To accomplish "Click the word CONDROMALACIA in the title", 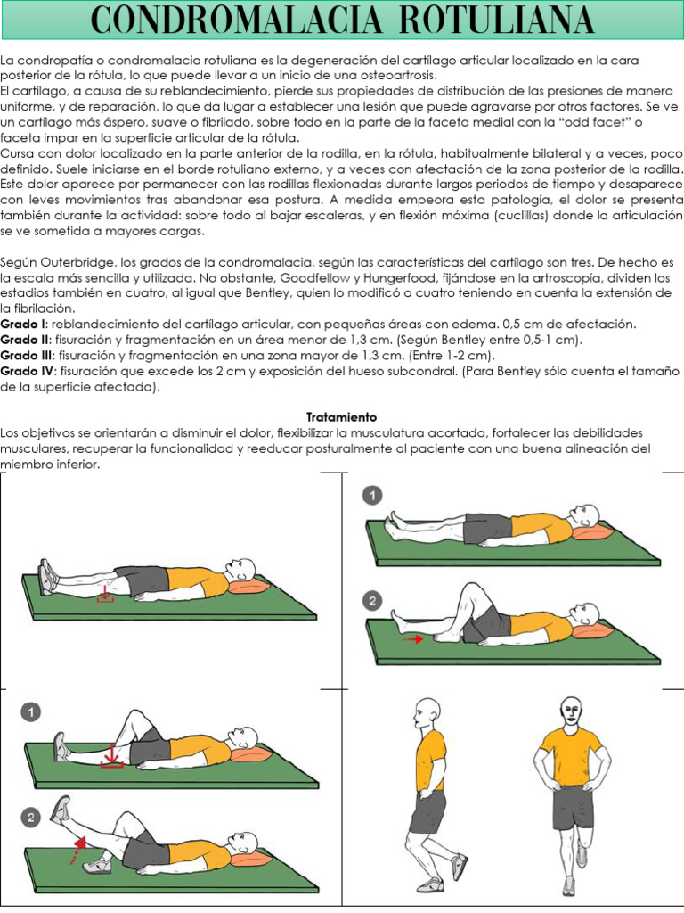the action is pos(236,21).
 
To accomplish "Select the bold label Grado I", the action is pos(23,325).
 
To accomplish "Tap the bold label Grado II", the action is pos(25,340).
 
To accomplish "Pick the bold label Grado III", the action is pos(27,356).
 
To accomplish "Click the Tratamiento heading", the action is pos(341,417).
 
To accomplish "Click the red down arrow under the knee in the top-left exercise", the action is pos(105,595).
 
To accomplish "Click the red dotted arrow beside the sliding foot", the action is pos(413,639).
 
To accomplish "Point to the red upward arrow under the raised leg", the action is pos(78,850).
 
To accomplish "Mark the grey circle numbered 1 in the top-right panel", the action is pos(372,496).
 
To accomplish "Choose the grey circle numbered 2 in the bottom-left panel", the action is pos(31,818).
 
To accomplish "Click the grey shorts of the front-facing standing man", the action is pos(573,806).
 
